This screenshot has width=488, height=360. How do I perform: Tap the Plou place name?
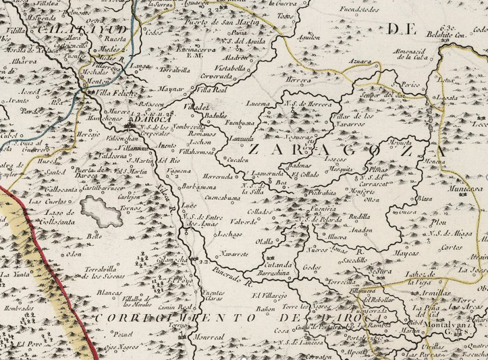point(436,221)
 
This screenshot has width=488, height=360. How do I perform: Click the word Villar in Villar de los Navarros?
point(345,117)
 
